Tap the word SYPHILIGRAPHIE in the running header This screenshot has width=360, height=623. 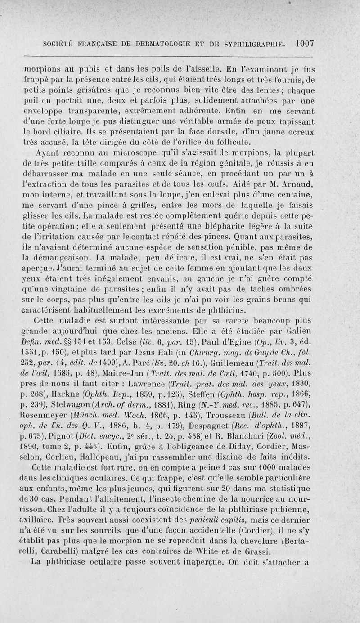tap(252, 44)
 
